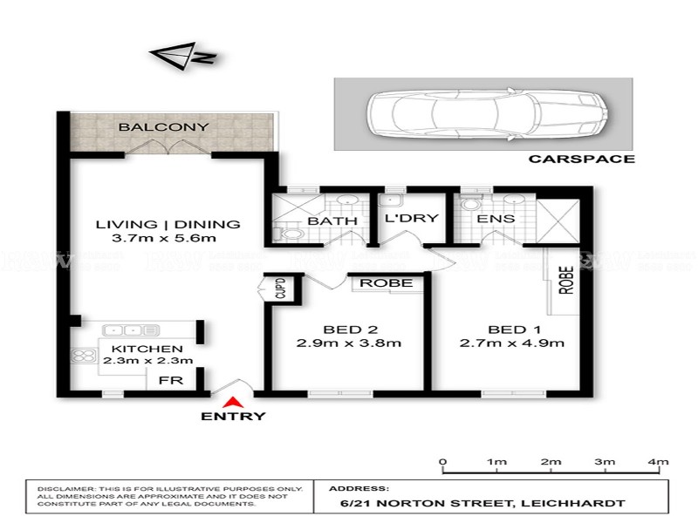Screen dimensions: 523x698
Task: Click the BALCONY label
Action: tap(164, 127)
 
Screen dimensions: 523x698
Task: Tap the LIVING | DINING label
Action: tap(168, 224)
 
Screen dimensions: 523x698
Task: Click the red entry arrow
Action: tap(233, 403)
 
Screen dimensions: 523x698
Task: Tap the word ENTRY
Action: tap(233, 417)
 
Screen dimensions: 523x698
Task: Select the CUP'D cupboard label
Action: tap(280, 289)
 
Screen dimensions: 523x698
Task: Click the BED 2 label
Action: tap(349, 329)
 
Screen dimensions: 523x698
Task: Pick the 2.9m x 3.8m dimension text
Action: tap(349, 343)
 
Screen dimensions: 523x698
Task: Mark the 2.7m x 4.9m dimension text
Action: tap(513, 343)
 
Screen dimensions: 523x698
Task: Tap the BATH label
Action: tap(332, 221)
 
